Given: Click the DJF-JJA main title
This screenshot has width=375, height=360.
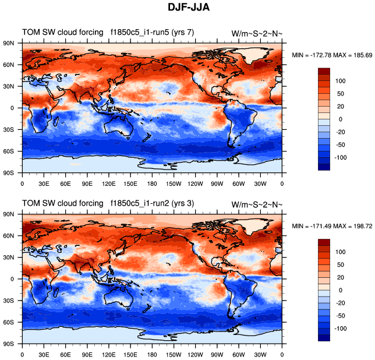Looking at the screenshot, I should click(x=187, y=8).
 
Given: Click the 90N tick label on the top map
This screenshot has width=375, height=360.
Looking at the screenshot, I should click(x=9, y=43).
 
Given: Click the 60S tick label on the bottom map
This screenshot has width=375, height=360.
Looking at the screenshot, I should click(x=9, y=322).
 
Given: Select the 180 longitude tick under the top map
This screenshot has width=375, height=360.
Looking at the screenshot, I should click(x=153, y=183).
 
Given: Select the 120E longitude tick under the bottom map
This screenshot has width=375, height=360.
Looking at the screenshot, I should click(x=109, y=354).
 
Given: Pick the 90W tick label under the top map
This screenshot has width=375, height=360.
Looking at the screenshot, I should click(x=217, y=183).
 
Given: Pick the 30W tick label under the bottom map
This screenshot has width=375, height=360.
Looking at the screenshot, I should click(x=260, y=354).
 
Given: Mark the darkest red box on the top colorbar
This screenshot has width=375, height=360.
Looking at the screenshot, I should click(x=324, y=71).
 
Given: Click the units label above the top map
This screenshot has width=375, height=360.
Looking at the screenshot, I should click(x=257, y=33).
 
